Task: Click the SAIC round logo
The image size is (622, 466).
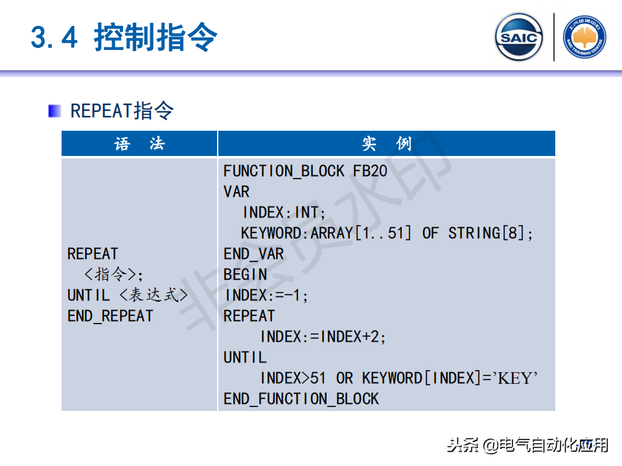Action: click(518, 37)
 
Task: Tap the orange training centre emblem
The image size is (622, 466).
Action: click(584, 37)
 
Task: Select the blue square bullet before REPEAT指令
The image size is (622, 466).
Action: click(54, 111)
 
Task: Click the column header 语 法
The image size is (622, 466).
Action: click(139, 144)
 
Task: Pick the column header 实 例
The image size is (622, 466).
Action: click(386, 144)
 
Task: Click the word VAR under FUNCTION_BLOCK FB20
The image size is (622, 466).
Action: click(236, 192)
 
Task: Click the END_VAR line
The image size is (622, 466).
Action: click(253, 254)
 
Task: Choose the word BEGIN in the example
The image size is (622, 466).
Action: click(245, 274)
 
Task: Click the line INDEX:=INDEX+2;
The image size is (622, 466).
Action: click(323, 337)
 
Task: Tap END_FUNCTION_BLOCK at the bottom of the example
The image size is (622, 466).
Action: click(301, 399)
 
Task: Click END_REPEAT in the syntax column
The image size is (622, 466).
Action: click(110, 316)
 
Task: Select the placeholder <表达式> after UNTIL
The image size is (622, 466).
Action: click(153, 295)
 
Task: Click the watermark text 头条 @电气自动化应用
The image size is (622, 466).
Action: click(527, 445)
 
